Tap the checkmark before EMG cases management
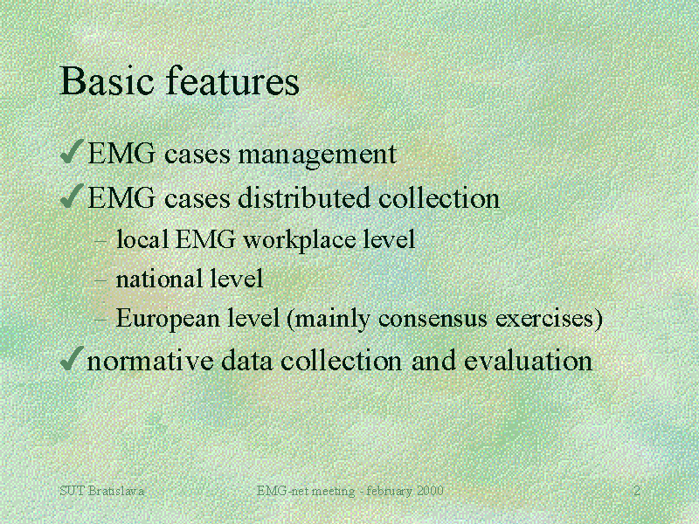tap(73, 153)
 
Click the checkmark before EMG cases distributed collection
tap(73, 196)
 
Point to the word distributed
tap(306, 198)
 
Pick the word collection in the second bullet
tap(439, 198)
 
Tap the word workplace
tap(301, 239)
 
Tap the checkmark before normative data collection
tap(73, 358)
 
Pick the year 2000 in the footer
tap(430, 492)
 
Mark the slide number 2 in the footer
tap(637, 492)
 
